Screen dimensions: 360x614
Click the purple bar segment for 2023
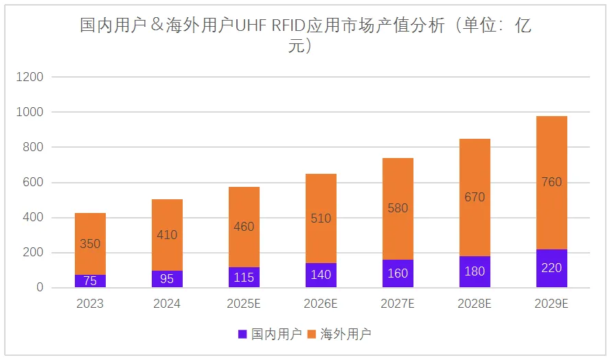point(90,281)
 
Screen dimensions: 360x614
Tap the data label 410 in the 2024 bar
point(167,235)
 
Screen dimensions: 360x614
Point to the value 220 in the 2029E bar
point(552,268)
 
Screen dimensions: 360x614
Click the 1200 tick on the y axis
point(30,77)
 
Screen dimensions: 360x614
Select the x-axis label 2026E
point(321,304)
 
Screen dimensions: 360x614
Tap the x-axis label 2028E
point(475,304)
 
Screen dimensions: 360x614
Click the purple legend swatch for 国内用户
point(242,335)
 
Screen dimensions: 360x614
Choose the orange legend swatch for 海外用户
point(311,335)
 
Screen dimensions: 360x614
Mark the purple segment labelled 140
point(321,275)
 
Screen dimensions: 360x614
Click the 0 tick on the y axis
point(39,288)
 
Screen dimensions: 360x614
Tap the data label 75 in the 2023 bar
point(90,280)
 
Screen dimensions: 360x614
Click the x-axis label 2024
point(167,304)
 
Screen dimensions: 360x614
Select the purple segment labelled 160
point(398,273)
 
